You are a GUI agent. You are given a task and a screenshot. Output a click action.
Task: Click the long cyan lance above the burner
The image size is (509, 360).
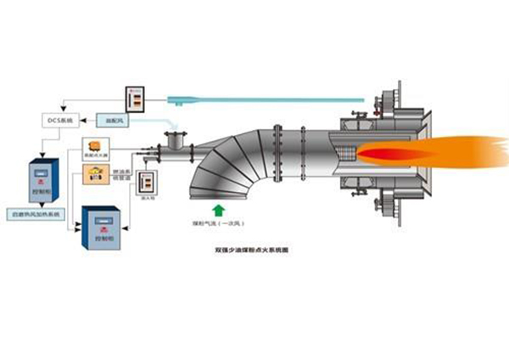pos(255,100)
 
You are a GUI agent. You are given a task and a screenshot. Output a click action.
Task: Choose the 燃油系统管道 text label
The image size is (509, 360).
pos(120,175)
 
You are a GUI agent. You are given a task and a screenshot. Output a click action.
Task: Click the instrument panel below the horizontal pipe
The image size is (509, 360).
pos(148,181)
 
